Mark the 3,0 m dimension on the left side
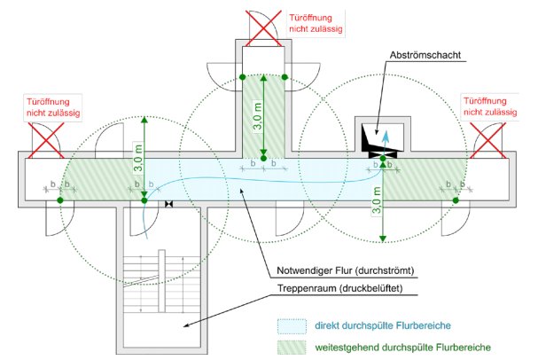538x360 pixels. tap(136, 158)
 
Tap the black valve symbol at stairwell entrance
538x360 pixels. tap(168, 205)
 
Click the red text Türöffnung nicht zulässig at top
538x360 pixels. tap(316, 23)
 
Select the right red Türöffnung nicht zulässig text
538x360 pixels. tap(490, 106)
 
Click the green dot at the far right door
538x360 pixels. tap(456, 201)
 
